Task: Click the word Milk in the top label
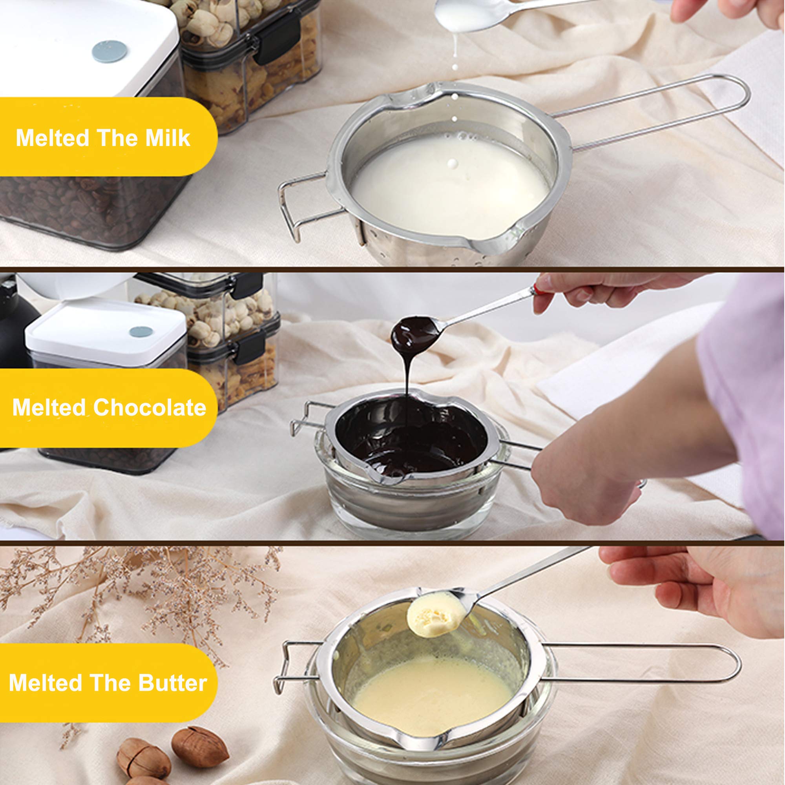click(x=168, y=138)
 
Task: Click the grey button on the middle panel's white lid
click(x=141, y=332)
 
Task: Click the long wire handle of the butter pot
click(x=650, y=663)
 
